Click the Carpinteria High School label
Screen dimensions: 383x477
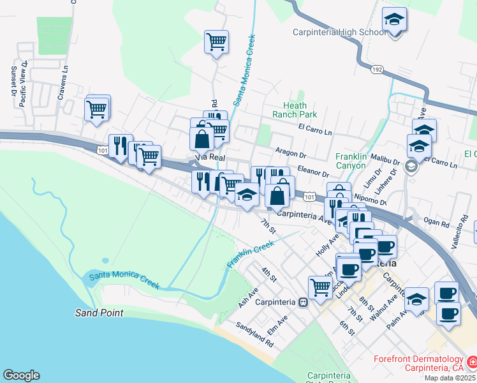point(339,33)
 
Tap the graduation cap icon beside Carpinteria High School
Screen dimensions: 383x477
point(395,21)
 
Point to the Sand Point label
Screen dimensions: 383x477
point(99,313)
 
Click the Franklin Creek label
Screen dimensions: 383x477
point(250,254)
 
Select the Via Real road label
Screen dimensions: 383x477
point(207,157)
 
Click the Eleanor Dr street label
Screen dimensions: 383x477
point(312,173)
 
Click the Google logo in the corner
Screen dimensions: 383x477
point(21,375)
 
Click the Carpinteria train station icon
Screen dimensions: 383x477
point(304,303)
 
